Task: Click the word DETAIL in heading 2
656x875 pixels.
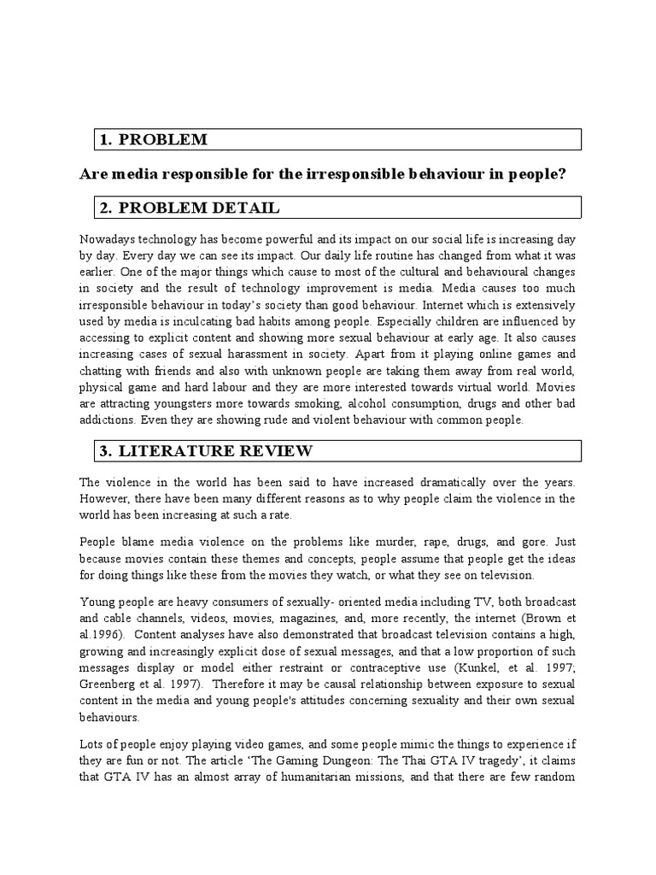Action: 240,208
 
